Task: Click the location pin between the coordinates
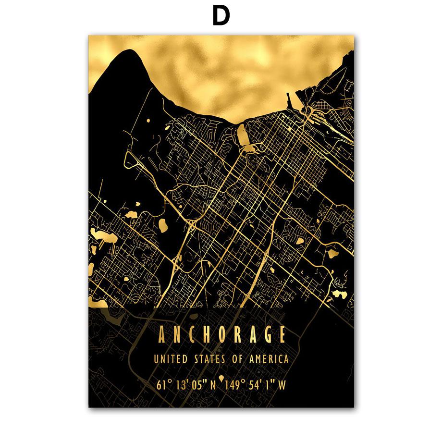click(221, 380)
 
